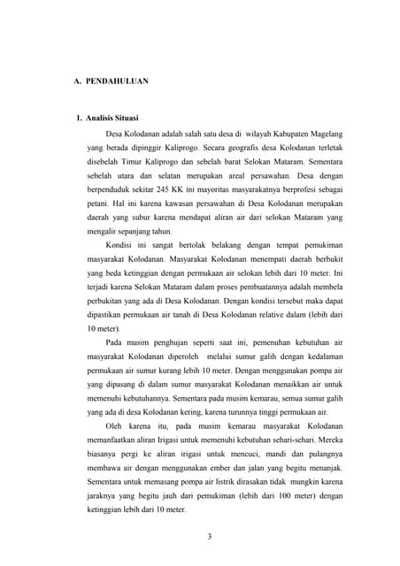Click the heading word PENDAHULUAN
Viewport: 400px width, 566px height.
pyautogui.click(x=117, y=81)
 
